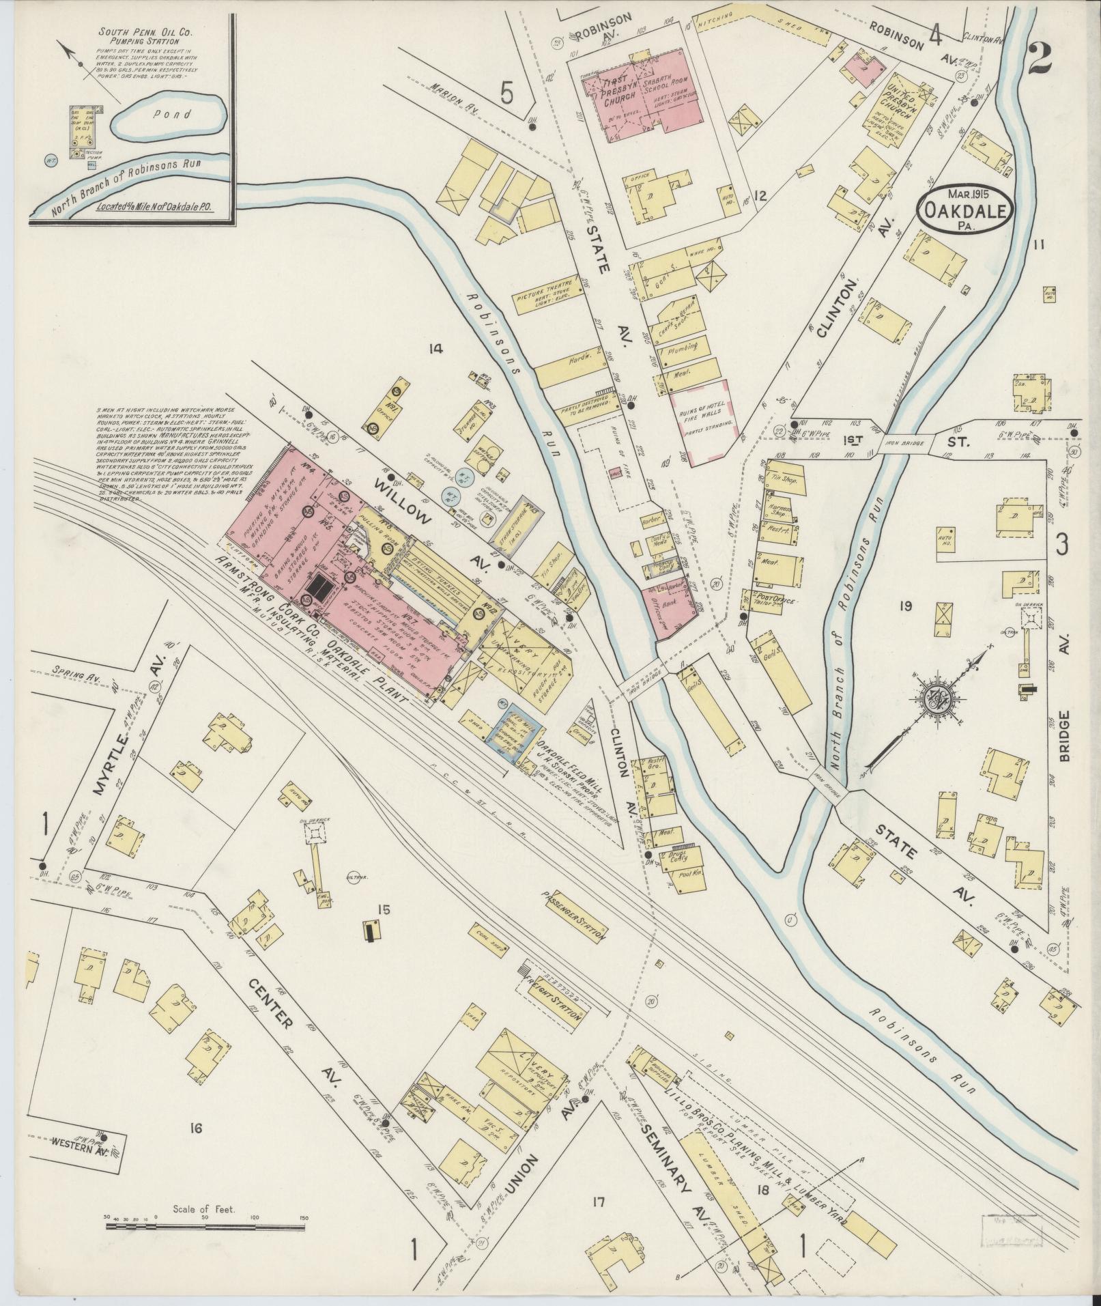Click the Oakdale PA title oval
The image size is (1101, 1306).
tap(964, 207)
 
